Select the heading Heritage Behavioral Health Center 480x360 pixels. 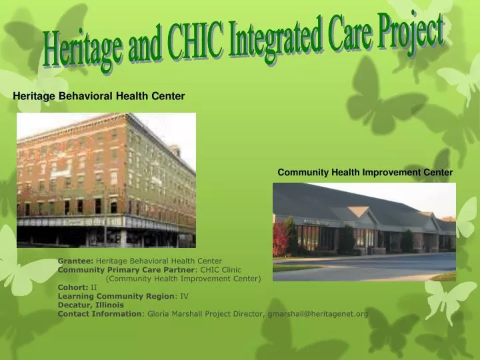point(99,96)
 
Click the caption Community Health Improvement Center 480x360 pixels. point(365,172)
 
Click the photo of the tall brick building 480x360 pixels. point(106,180)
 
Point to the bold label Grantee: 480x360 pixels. point(75,261)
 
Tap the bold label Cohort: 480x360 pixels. point(73,287)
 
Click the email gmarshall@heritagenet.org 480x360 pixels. point(317,313)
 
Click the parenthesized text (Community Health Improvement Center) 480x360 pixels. point(183,279)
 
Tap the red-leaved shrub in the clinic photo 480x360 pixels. point(281,241)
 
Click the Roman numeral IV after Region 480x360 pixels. point(185,296)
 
